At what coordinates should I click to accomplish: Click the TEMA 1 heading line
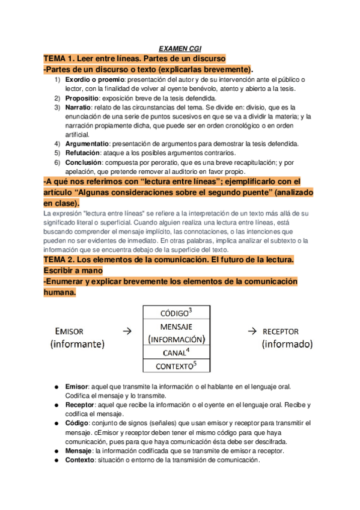pyautogui.click(x=134, y=59)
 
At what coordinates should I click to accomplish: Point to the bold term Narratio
pyautogui.click(x=78, y=107)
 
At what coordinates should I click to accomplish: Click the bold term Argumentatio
pyautogui.click(x=87, y=144)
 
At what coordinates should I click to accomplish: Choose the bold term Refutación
pyautogui.click(x=82, y=153)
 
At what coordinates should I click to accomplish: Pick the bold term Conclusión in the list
pyautogui.click(x=83, y=162)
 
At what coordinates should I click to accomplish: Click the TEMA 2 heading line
pyautogui.click(x=168, y=259)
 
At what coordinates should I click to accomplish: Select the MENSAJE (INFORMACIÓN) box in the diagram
pyautogui.click(x=174, y=333)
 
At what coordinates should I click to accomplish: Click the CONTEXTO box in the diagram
pyautogui.click(x=174, y=366)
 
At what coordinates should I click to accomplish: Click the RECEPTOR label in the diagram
pyautogui.click(x=281, y=331)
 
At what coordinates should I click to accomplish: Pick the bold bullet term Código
pyautogui.click(x=78, y=423)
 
